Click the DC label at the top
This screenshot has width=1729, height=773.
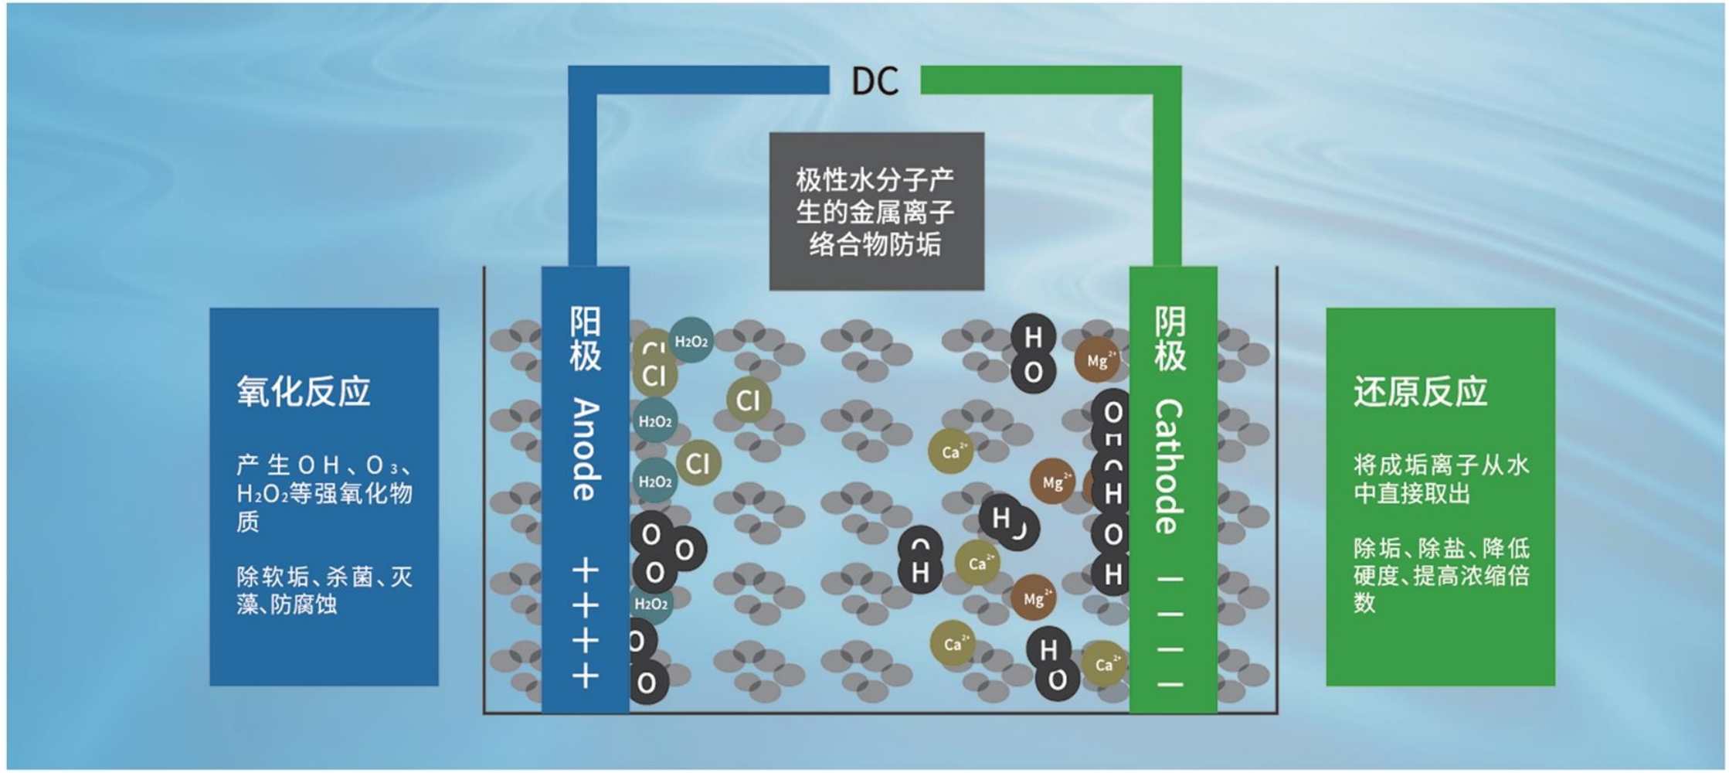(875, 81)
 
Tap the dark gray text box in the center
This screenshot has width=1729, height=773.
(876, 211)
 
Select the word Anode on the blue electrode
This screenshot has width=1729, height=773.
(585, 449)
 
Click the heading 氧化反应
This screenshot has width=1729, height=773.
(304, 391)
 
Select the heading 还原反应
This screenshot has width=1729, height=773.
(1420, 391)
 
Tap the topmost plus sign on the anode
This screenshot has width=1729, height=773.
(585, 571)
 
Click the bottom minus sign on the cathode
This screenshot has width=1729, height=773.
(1170, 684)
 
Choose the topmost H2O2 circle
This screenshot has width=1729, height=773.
(691, 341)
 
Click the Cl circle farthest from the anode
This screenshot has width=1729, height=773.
(748, 400)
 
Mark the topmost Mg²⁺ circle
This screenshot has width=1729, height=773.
(1097, 360)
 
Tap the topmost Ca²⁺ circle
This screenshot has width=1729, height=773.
(950, 451)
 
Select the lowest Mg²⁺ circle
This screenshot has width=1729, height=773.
(1034, 598)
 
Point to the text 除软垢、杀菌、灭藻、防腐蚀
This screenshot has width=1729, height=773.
(324, 590)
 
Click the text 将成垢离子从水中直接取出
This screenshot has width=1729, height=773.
(1441, 478)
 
